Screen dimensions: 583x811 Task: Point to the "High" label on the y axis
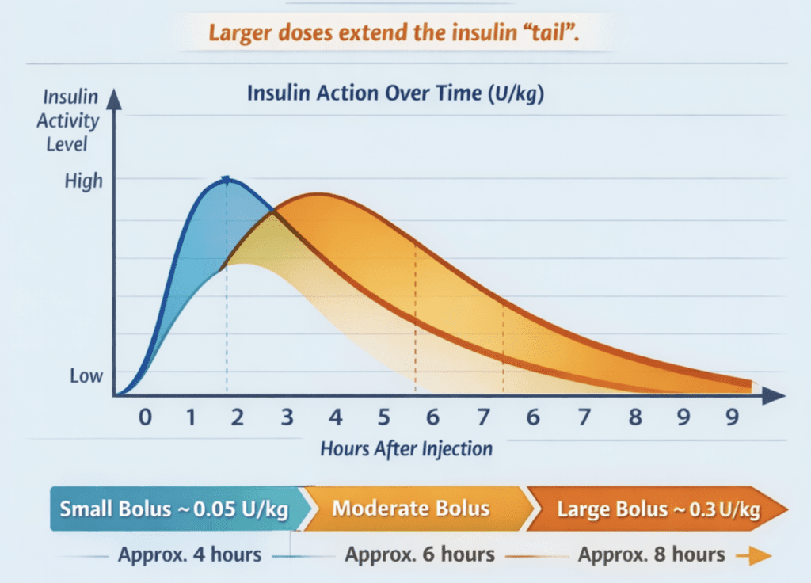coord(84,181)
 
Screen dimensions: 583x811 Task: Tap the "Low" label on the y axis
coord(86,375)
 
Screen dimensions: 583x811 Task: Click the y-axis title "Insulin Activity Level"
coord(71,121)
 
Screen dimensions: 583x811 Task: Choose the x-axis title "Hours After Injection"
coord(406,448)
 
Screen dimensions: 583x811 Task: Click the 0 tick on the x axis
coord(144,417)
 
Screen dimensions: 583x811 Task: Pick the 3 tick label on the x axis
coord(287,417)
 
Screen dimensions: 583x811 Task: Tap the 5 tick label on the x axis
coord(383,417)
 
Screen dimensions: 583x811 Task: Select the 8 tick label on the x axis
coord(634,417)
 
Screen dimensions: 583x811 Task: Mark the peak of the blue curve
coord(227,181)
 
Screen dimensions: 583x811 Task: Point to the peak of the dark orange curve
coord(314,195)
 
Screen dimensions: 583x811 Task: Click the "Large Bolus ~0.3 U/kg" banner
coord(657,509)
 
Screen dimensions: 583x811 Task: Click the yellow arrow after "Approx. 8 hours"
coord(753,557)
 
